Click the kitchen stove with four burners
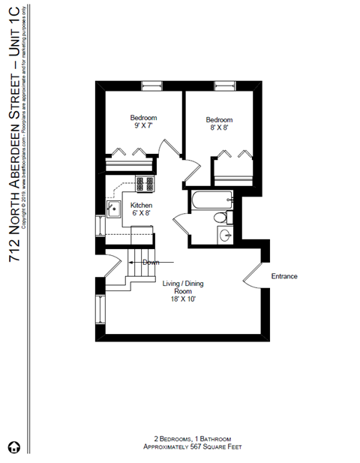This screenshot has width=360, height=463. (144, 182)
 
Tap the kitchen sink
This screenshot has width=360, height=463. (114, 209)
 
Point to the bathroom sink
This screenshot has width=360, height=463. (225, 236)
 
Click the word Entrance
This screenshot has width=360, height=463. (284, 276)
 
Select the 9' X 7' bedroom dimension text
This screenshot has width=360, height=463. (142, 128)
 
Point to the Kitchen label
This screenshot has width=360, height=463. (142, 205)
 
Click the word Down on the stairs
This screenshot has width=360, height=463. (150, 262)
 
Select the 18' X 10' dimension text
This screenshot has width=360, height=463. (184, 299)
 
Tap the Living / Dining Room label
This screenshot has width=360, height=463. (184, 287)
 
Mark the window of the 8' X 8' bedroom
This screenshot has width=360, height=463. (224, 84)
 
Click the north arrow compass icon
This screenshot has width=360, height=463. (13, 448)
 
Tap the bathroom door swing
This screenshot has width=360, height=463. (182, 223)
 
